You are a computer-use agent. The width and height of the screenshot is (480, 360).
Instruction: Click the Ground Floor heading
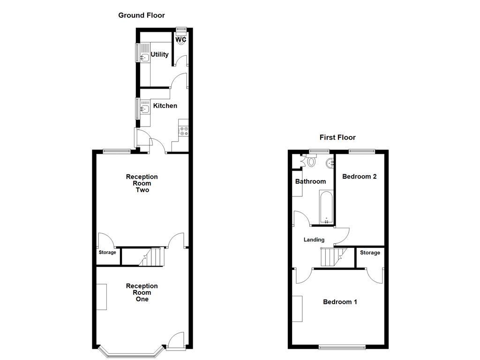[141, 15]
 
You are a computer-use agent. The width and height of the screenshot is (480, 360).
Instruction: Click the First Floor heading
[337, 137]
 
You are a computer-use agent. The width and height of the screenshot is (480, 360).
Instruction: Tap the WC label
[181, 39]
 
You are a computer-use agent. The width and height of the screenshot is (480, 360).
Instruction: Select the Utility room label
[159, 54]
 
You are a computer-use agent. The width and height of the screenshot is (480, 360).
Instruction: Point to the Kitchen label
[165, 106]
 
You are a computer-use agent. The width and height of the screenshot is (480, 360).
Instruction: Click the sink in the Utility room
[144, 58]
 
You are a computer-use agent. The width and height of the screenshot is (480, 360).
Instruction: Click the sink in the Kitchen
[144, 109]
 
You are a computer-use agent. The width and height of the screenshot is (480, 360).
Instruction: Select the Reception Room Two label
[142, 183]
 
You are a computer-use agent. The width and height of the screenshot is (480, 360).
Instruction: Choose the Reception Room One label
[142, 292]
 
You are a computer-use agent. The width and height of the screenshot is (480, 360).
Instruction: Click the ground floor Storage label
[107, 253]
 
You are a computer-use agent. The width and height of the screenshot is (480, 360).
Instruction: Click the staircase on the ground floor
[151, 256]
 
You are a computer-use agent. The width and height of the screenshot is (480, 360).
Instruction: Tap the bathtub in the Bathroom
[326, 207]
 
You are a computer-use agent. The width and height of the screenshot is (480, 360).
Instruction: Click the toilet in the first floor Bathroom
[312, 162]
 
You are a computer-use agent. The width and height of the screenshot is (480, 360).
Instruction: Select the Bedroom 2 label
[360, 177]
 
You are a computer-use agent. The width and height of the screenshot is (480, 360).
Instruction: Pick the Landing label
[314, 240]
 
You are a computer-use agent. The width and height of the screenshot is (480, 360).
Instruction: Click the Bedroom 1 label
[340, 302]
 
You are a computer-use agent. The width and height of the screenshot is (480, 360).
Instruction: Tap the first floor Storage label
[370, 253]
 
